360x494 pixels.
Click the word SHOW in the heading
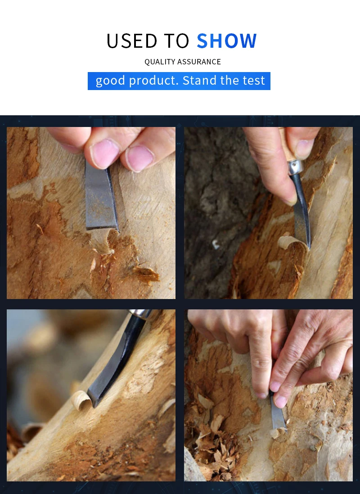(227, 41)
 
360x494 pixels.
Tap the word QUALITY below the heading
(159, 62)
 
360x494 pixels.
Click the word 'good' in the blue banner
(111, 81)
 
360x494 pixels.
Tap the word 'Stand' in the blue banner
(199, 81)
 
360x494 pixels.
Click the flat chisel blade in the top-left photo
(100, 198)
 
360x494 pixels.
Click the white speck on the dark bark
(216, 245)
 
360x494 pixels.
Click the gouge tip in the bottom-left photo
(95, 401)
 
